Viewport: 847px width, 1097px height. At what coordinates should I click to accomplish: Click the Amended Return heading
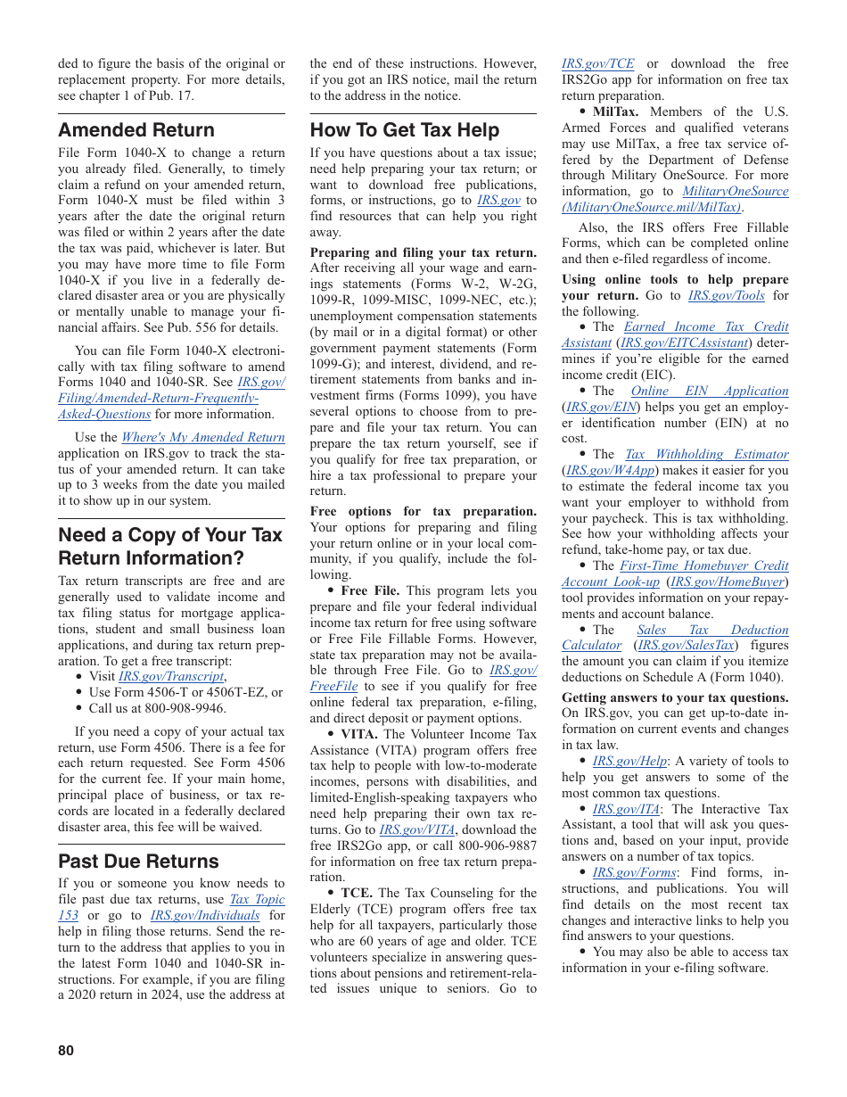(136, 130)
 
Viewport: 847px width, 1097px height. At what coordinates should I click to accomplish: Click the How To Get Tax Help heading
(404, 130)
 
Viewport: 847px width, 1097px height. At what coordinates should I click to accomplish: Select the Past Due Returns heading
(138, 862)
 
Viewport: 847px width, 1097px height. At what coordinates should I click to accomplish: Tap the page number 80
(66, 1051)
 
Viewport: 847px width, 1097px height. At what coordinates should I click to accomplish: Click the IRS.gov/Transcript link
(170, 677)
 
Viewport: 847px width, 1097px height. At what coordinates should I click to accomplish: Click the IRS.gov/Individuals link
(205, 916)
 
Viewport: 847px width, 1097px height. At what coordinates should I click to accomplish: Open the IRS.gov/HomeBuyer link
(729, 582)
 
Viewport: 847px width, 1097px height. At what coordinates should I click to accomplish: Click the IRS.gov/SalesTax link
(686, 646)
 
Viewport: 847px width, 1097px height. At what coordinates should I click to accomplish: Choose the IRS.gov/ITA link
(626, 810)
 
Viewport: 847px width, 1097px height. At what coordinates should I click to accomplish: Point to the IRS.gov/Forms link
(634, 873)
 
